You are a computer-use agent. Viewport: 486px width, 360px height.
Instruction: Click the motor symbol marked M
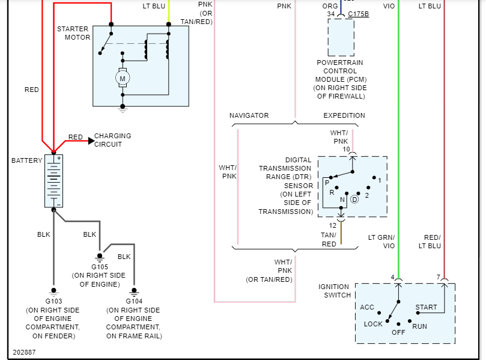pos(123,79)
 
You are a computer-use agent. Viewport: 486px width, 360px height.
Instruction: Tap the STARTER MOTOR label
pos(73,33)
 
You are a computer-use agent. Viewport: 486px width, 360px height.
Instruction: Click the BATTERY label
pos(27,160)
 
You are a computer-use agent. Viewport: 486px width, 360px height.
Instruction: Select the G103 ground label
pos(52,301)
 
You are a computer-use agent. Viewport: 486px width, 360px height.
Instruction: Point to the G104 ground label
pos(134,301)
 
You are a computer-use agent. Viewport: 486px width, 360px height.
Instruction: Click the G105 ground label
pos(100,266)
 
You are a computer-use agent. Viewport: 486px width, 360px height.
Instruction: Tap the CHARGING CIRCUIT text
pos(112,140)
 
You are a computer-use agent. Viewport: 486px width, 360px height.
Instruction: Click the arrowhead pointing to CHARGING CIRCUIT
pos(91,141)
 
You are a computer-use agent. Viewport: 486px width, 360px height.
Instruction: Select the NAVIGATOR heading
pos(249,115)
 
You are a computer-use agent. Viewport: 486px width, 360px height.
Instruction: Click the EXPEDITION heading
pos(344,115)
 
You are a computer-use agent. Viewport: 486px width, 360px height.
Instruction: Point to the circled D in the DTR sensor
pos(354,199)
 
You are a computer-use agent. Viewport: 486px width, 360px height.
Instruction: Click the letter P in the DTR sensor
pos(327,182)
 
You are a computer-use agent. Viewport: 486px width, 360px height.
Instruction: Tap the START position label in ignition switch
pos(427,307)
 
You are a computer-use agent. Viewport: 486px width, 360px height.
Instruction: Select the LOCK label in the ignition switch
pos(373,324)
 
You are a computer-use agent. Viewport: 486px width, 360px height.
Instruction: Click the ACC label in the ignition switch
pos(367,307)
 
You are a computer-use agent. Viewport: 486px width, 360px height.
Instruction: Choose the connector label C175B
pos(358,14)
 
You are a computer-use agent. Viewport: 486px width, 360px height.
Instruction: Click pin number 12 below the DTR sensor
pos(332,225)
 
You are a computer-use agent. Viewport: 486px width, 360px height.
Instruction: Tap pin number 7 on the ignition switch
pos(439,277)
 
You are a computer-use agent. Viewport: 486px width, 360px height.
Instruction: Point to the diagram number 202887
pos(24,352)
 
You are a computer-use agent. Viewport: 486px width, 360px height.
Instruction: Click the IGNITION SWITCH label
pos(334,291)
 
